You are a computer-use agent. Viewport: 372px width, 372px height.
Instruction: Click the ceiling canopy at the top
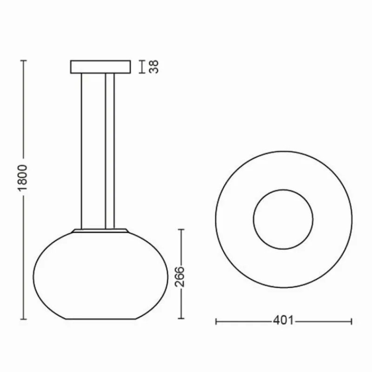click(100, 66)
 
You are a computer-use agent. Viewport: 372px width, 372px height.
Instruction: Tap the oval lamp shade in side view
click(100, 274)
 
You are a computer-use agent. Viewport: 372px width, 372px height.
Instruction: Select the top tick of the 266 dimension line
click(181, 229)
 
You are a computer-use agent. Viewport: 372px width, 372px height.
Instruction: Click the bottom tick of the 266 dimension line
click(181, 319)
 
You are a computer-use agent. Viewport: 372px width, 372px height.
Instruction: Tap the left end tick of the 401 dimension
click(217, 320)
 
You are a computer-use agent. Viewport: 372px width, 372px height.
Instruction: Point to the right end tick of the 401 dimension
click(352, 320)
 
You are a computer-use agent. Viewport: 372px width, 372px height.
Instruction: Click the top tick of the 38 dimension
click(143, 61)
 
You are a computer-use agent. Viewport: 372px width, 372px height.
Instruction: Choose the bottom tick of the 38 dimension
click(143, 73)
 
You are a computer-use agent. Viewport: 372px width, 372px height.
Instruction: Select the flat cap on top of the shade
click(100, 230)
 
